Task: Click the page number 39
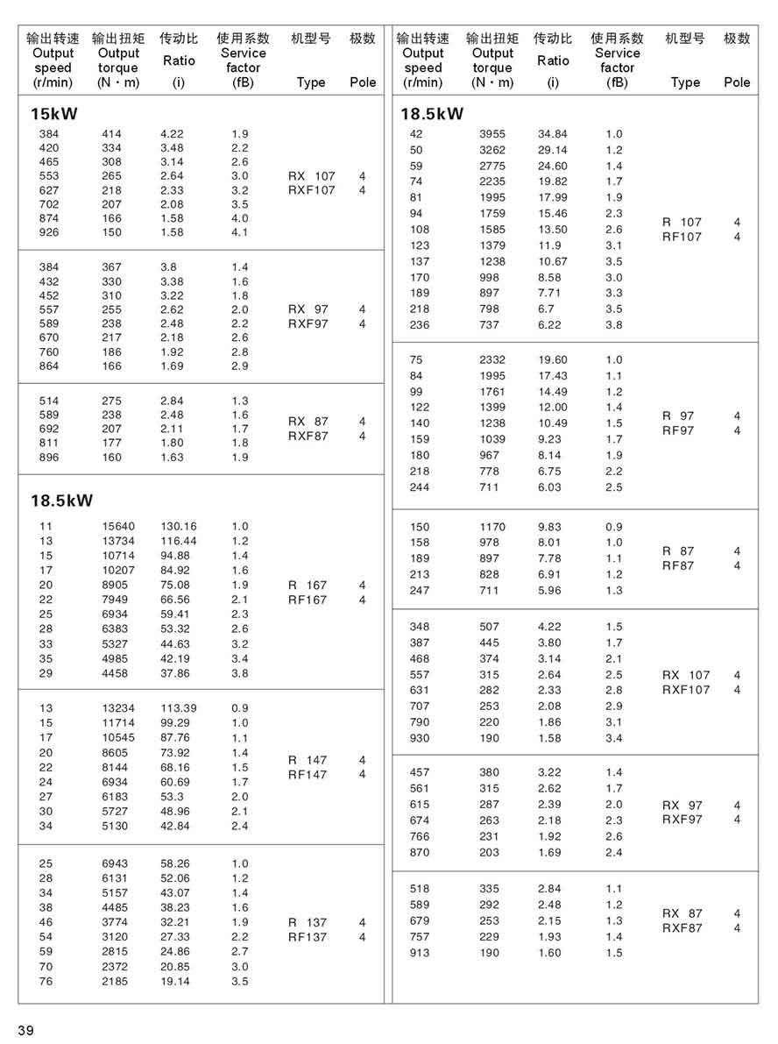[x=25, y=1030]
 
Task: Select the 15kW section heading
[x=54, y=114]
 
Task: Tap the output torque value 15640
[x=118, y=526]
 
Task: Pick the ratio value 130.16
[x=179, y=526]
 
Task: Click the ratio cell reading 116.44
[x=179, y=541]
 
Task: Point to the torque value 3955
[x=493, y=134]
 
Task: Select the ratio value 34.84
[x=553, y=134]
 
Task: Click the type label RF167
[x=308, y=600]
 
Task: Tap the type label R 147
[x=308, y=760]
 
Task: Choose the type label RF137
[x=308, y=937]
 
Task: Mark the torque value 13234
[x=118, y=708]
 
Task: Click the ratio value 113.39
[x=179, y=708]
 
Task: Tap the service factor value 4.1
[x=240, y=232]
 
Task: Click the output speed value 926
[x=49, y=232]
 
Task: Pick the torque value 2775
[x=493, y=166]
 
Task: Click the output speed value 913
[x=420, y=953]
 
